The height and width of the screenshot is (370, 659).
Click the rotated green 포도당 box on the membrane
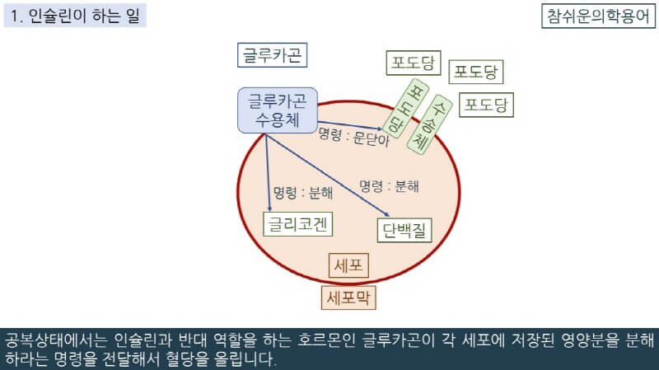pyautogui.click(x=403, y=108)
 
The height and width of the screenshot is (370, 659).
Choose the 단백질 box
pyautogui.click(x=405, y=230)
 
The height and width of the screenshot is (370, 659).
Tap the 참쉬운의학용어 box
pyautogui.click(x=597, y=16)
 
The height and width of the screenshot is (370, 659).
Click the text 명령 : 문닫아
pyautogui.click(x=353, y=137)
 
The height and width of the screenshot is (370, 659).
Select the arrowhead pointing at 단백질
pyautogui.click(x=386, y=213)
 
